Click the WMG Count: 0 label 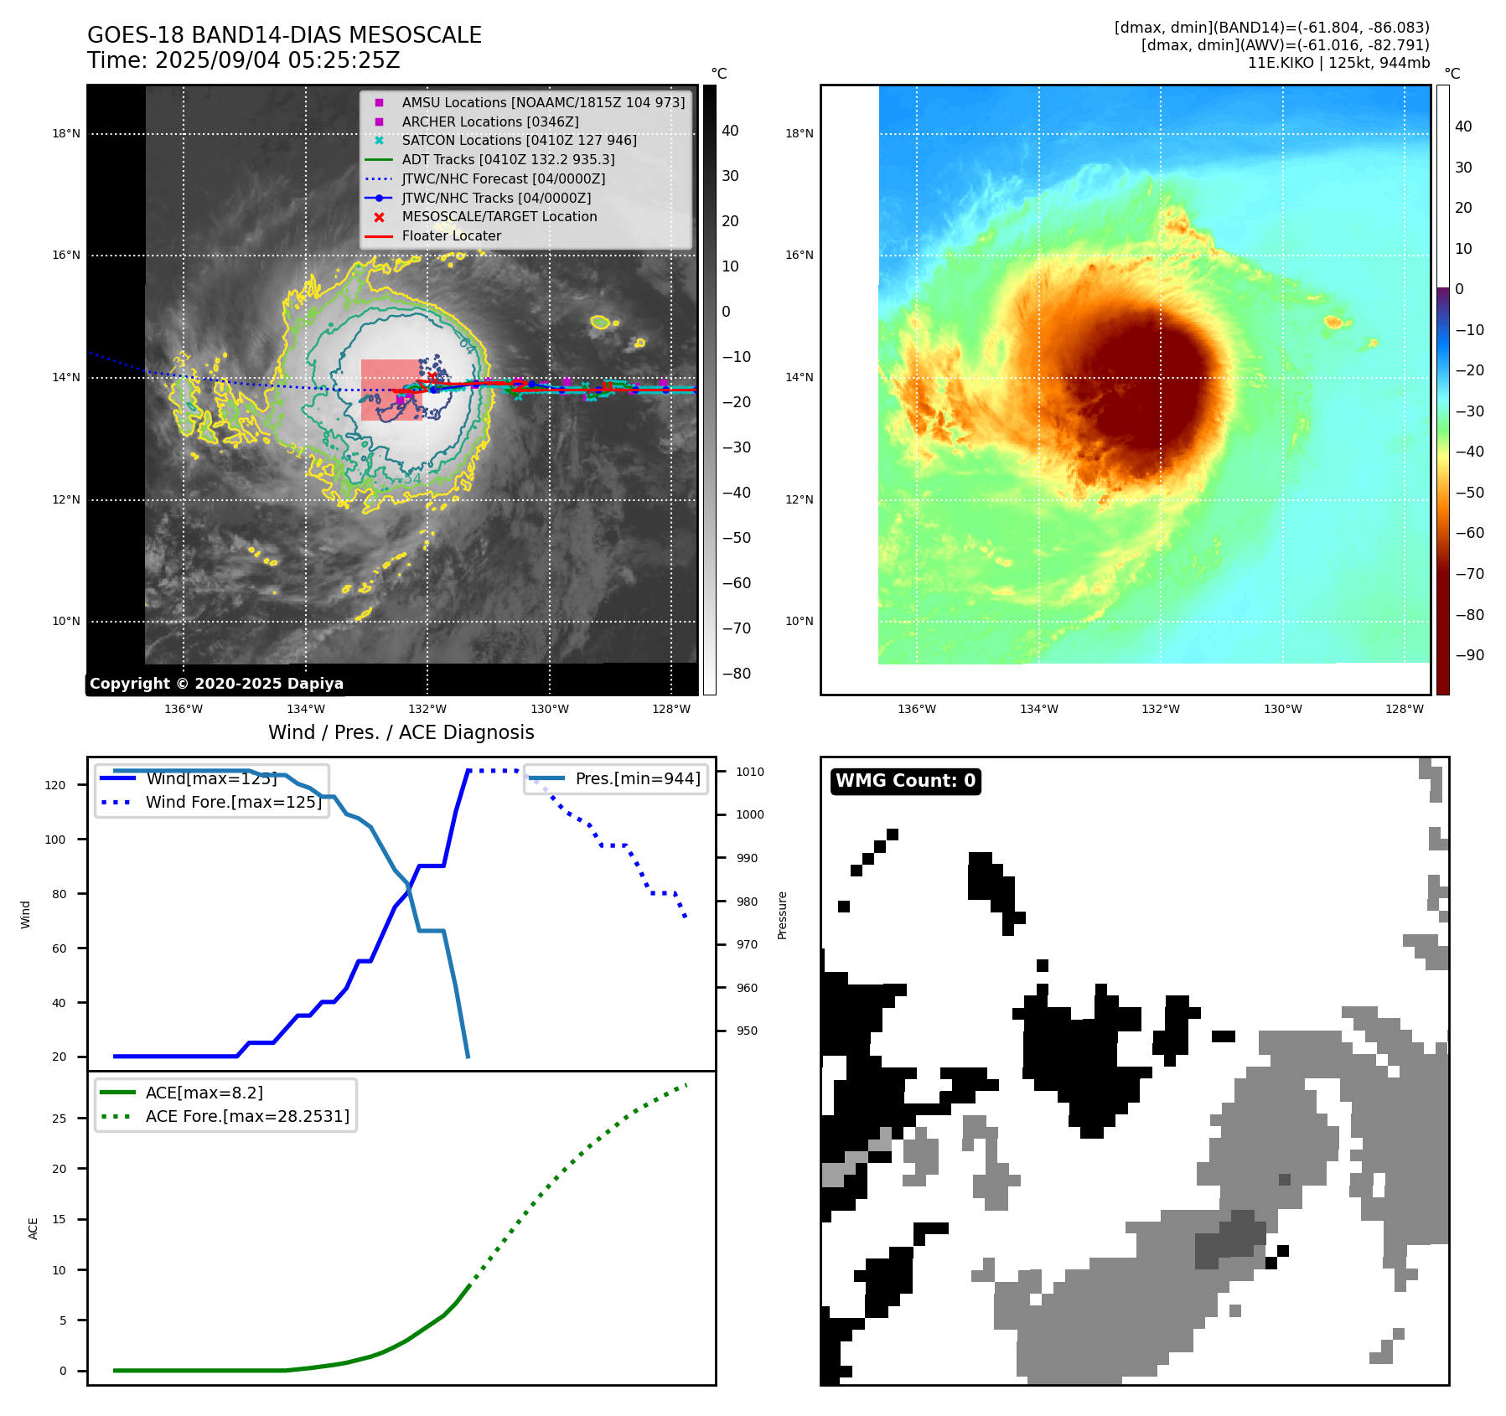click(x=905, y=781)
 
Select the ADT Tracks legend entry click(x=508, y=159)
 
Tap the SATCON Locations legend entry click(x=519, y=140)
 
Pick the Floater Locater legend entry click(x=451, y=235)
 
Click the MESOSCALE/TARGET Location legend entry click(x=499, y=216)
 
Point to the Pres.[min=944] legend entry click(x=637, y=778)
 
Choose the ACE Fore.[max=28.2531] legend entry click(x=246, y=1116)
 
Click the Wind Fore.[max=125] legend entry click(x=233, y=802)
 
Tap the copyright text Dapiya click(x=216, y=684)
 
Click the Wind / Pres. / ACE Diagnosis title click(x=401, y=732)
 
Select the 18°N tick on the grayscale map click(x=66, y=133)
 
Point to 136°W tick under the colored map click(x=916, y=709)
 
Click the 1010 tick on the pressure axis click(x=750, y=772)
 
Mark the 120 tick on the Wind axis click(x=55, y=785)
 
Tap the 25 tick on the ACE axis click(x=59, y=1119)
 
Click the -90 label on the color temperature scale click(x=1469, y=655)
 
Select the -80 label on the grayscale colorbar click(x=736, y=674)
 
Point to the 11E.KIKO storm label click(x=1281, y=63)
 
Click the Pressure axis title click(x=782, y=915)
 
